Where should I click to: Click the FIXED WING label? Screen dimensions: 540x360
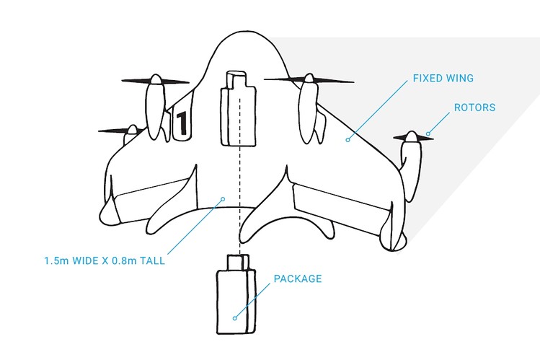(443, 78)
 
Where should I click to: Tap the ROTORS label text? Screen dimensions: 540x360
(475, 107)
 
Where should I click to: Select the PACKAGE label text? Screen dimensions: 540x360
(298, 278)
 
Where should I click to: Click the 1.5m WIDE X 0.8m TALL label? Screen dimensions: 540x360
(105, 260)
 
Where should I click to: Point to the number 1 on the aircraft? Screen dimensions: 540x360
(182, 123)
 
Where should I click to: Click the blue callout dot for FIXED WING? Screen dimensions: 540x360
(348, 140)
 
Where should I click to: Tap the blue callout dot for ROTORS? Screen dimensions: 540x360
(428, 133)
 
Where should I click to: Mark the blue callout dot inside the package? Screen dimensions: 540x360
(235, 318)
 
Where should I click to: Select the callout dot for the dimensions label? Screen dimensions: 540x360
(223, 199)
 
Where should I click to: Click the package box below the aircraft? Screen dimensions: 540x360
(236, 295)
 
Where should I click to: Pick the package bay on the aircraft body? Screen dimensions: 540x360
(238, 108)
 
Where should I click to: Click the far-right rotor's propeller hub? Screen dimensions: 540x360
(412, 136)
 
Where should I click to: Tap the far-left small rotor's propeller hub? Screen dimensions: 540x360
(132, 130)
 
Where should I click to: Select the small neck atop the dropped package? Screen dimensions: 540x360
(238, 262)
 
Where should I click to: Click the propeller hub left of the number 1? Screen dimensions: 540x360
(156, 79)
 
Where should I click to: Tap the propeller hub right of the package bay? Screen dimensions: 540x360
(309, 79)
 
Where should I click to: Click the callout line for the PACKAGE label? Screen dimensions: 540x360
(252, 301)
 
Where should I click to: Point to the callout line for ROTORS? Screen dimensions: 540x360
(439, 123)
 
